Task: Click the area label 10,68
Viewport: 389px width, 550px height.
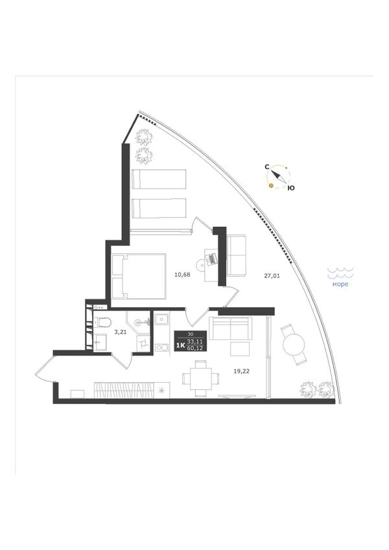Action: tap(182, 275)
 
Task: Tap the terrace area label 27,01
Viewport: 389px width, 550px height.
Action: tap(272, 276)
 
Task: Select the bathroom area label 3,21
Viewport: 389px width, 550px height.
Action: tap(121, 331)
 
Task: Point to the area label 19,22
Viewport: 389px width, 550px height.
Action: tap(242, 371)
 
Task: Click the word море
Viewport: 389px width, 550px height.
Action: tap(340, 284)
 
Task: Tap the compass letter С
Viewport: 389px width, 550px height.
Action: tap(267, 167)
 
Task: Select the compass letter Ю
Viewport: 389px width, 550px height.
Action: tap(291, 189)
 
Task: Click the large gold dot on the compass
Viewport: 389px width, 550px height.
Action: tap(271, 185)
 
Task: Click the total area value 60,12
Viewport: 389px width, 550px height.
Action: tap(195, 349)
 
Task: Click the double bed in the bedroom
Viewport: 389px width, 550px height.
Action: tap(139, 276)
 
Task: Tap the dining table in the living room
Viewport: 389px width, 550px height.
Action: tap(201, 378)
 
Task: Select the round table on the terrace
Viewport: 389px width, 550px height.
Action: tap(293, 345)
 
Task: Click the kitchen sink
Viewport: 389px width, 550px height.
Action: tap(162, 319)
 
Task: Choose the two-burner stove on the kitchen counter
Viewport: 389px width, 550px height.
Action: tap(162, 348)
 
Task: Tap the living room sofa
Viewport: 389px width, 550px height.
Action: tap(231, 328)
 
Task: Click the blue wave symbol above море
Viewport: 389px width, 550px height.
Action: tap(340, 272)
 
